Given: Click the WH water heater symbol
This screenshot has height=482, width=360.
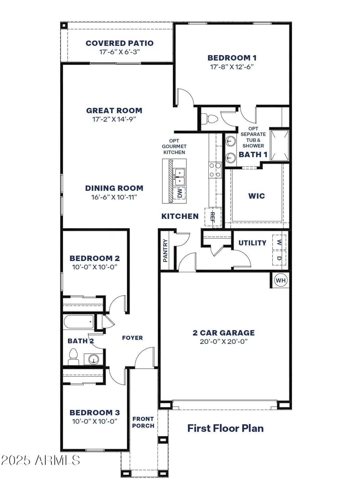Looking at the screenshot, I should point(281,280).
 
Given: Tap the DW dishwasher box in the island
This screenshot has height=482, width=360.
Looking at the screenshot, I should point(180,194).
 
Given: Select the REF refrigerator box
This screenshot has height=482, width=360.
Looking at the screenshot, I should point(213,217).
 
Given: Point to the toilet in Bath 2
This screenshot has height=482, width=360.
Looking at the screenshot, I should point(73,358).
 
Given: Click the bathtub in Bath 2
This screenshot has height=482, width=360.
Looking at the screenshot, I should point(79,322).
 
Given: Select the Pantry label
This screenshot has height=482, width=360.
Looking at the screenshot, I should point(166,250).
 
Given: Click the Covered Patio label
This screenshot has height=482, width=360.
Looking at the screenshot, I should point(119,43).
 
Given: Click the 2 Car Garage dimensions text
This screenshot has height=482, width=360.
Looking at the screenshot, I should point(224,341).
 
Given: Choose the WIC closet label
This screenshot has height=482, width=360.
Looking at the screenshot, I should point(256,196).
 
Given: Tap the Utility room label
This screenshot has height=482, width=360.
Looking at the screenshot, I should point(252,243).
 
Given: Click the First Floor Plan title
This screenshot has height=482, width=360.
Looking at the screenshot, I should point(225,428).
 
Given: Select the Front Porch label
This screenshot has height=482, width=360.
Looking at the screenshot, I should point(143,422).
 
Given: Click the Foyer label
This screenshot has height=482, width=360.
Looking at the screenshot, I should point(132,338).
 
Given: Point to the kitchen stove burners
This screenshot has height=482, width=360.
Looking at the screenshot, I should point(215,170).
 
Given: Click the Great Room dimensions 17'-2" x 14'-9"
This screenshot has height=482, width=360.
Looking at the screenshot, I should point(114,119).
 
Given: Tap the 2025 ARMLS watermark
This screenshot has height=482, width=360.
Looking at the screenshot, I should point(40,460).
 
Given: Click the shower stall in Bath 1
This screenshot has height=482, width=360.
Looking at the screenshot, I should point(279,145).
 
